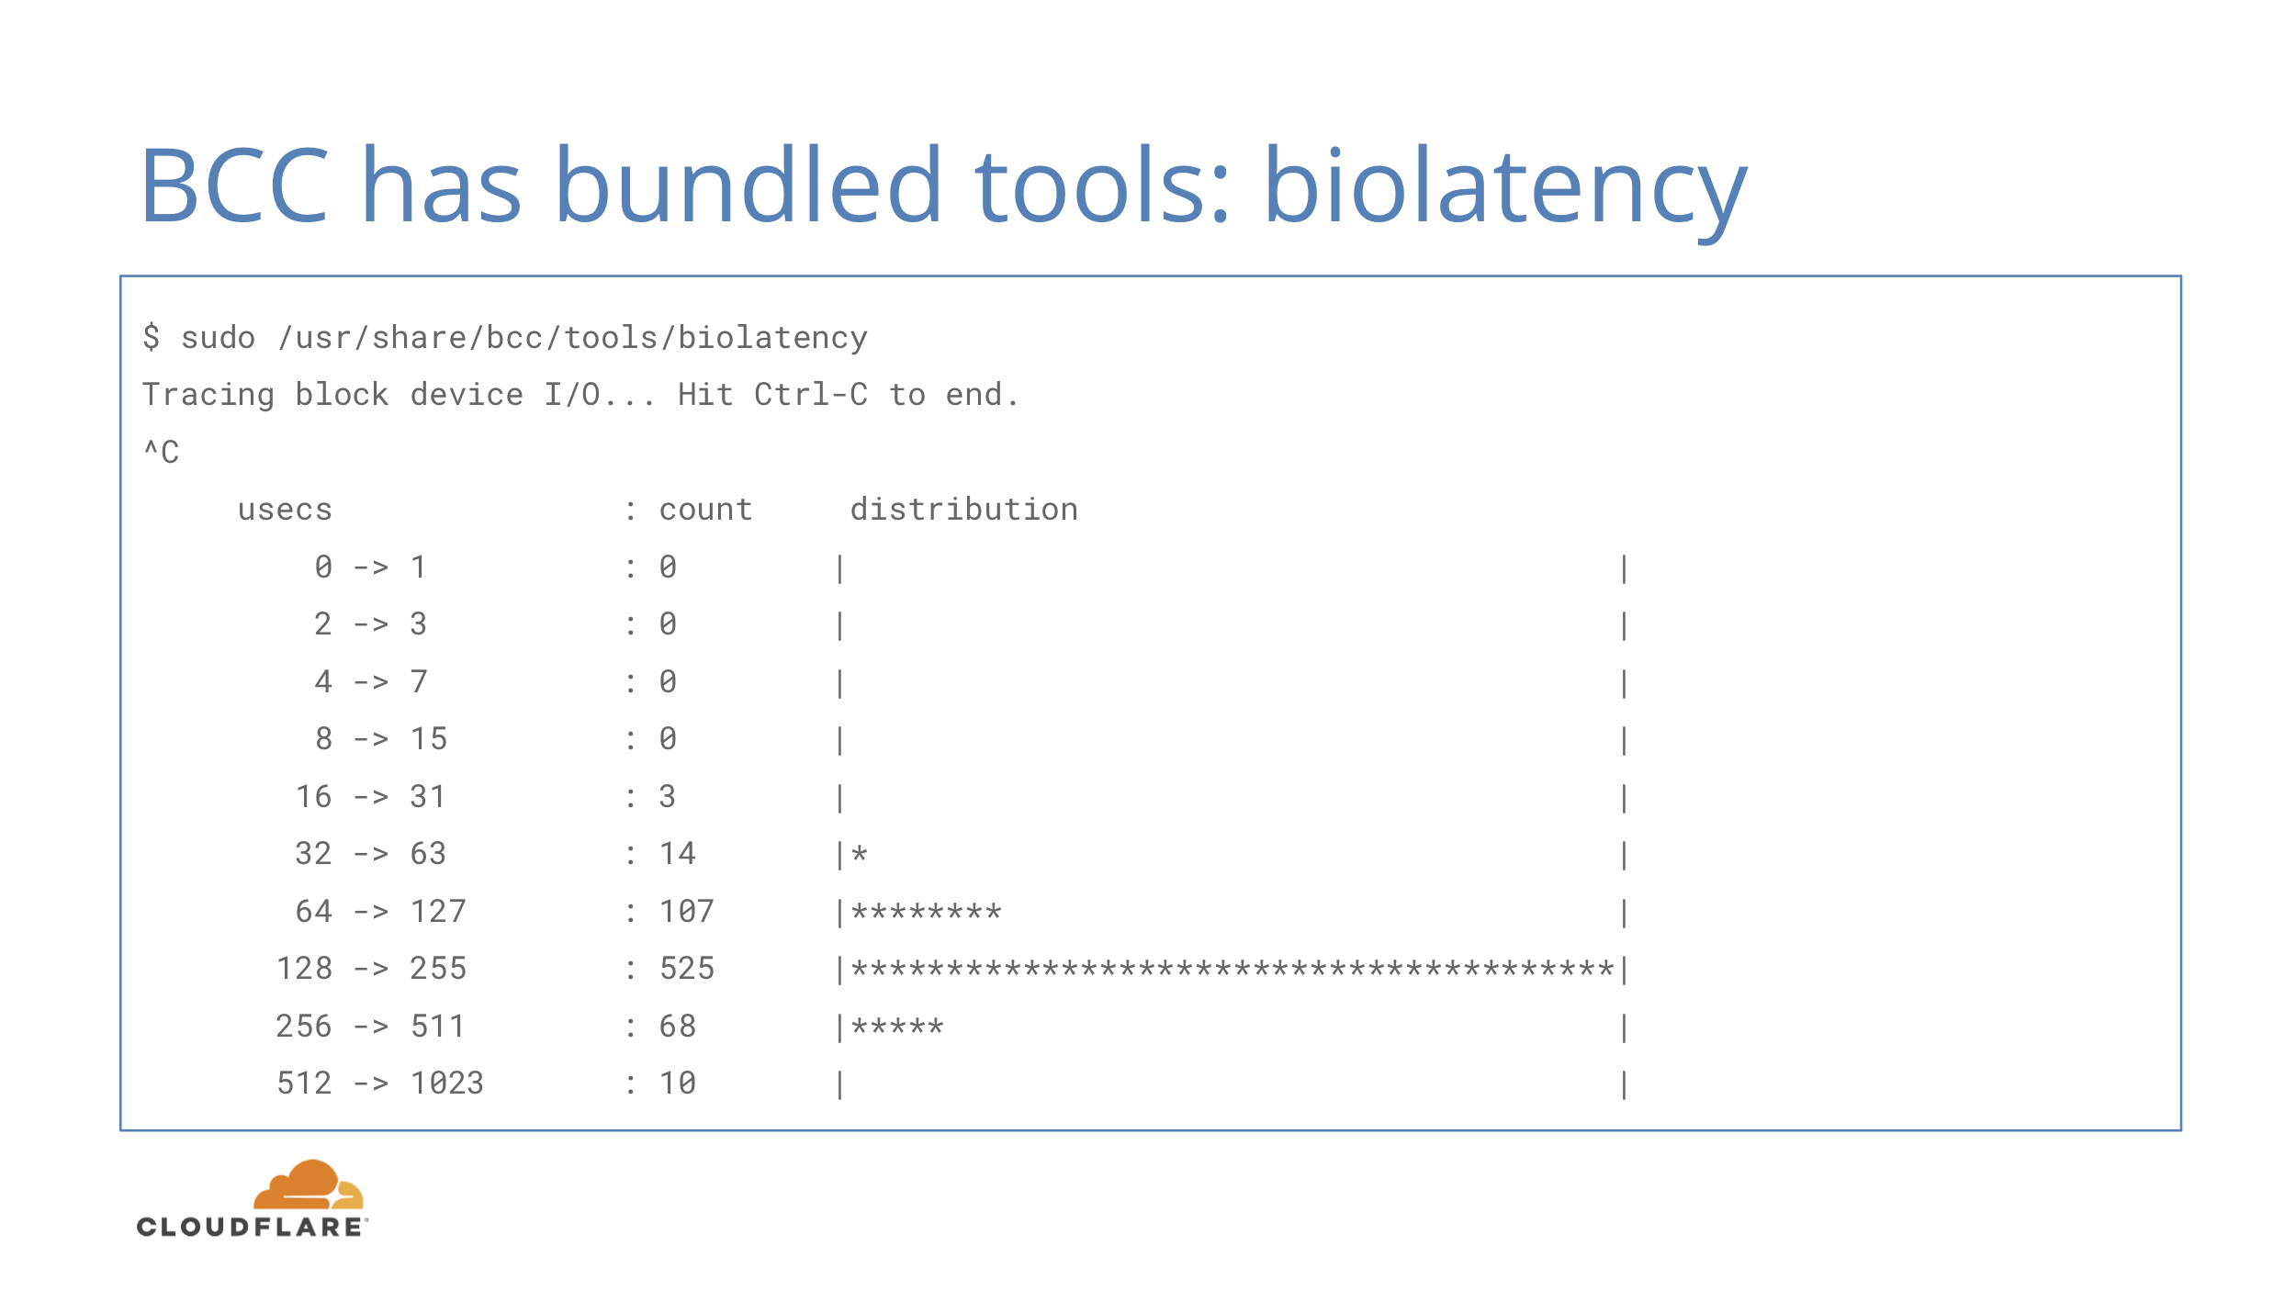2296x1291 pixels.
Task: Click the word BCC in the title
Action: click(235, 185)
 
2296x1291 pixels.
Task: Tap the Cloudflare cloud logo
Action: click(309, 1184)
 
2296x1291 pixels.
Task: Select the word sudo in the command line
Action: click(218, 338)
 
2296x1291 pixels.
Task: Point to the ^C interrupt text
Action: click(162, 452)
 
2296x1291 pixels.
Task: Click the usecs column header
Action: click(285, 510)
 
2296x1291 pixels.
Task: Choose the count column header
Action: click(705, 510)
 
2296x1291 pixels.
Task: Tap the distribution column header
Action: click(964, 509)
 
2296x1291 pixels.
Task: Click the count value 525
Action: click(687, 969)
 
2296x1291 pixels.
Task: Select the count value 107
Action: click(687, 911)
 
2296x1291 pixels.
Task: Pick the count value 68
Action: click(678, 1026)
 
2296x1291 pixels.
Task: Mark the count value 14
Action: click(678, 854)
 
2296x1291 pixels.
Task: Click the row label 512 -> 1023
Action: click(380, 1083)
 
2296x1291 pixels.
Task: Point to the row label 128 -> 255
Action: click(371, 969)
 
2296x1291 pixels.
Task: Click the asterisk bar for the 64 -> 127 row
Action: click(927, 912)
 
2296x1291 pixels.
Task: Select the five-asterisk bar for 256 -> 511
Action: click(897, 1027)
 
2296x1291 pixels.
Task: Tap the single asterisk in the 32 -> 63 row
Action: click(860, 854)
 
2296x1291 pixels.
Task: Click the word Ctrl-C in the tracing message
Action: click(811, 395)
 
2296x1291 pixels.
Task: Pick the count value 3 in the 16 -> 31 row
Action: click(668, 796)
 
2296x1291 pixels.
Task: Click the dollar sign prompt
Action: click(152, 337)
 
